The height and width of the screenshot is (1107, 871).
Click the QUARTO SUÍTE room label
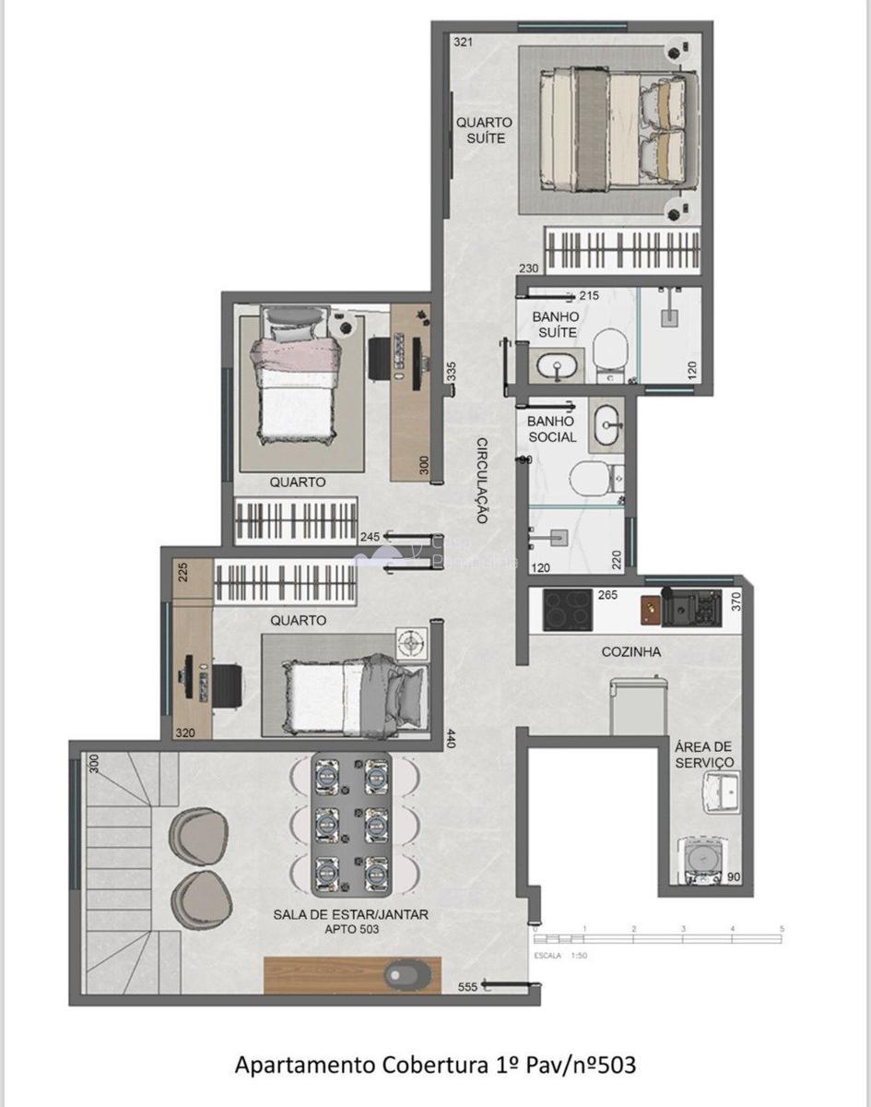pyautogui.click(x=484, y=130)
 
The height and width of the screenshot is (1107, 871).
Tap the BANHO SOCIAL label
pyautogui.click(x=552, y=429)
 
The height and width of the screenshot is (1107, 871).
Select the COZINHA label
pyautogui.click(x=630, y=651)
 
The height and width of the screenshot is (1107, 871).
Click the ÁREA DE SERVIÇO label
pyautogui.click(x=704, y=755)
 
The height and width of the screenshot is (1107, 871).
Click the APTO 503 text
pyautogui.click(x=350, y=930)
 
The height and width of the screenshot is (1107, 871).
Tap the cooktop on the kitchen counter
pyautogui.click(x=567, y=610)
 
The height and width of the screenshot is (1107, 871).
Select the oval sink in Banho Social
pyautogui.click(x=608, y=425)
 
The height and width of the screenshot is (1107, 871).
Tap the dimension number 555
pyautogui.click(x=468, y=987)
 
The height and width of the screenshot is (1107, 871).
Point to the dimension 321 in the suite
pyautogui.click(x=462, y=42)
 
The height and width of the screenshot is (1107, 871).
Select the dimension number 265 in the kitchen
pyautogui.click(x=607, y=595)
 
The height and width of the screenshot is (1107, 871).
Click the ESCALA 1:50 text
pyautogui.click(x=560, y=956)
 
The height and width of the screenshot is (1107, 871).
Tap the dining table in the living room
pyautogui.click(x=349, y=824)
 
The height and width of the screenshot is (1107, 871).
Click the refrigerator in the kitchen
pyautogui.click(x=638, y=706)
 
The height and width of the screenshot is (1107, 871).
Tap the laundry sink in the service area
pyautogui.click(x=722, y=792)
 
